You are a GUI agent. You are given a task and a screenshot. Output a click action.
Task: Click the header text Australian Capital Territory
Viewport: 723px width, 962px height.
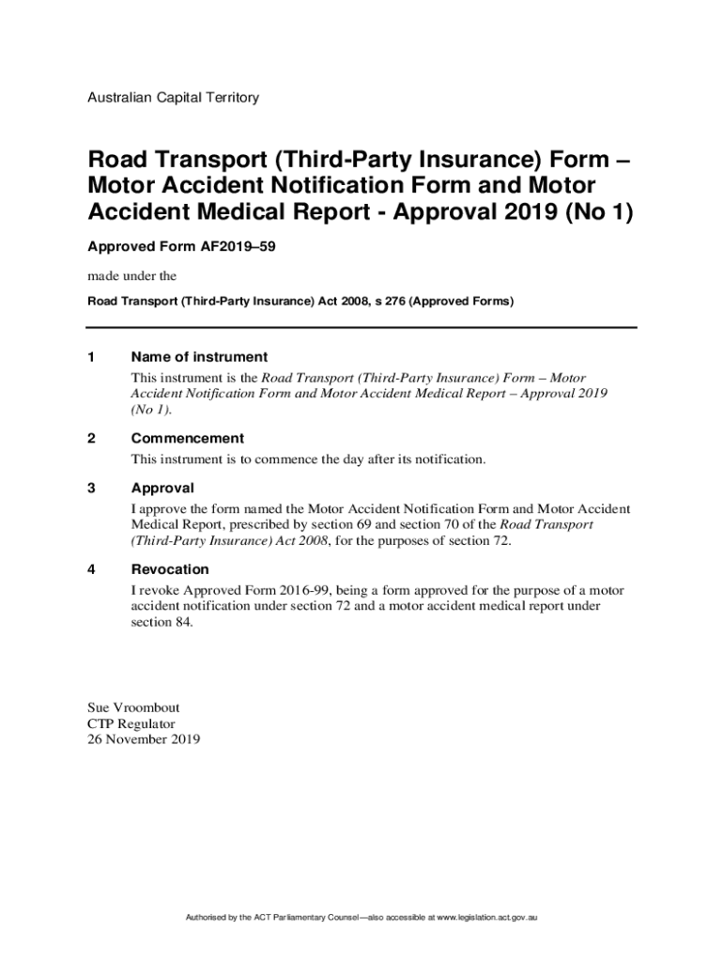coord(173,98)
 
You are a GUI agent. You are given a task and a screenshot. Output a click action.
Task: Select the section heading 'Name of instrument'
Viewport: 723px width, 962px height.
coord(199,357)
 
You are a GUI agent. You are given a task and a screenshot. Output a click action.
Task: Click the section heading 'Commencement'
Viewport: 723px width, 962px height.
coord(188,439)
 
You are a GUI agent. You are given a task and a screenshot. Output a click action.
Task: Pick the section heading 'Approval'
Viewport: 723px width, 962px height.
coord(162,489)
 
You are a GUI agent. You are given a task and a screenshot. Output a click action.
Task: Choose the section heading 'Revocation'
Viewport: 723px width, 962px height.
coord(170,570)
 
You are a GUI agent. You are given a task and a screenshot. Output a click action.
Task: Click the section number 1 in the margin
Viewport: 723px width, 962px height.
coord(91,357)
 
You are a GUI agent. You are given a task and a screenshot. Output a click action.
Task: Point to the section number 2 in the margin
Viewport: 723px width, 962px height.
coord(91,439)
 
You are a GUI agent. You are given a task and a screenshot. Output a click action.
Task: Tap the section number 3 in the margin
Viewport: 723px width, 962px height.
coord(91,489)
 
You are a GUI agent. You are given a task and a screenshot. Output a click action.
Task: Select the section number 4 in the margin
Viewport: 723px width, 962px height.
coord(91,570)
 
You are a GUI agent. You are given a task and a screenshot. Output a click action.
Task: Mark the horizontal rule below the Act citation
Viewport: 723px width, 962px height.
coord(361,327)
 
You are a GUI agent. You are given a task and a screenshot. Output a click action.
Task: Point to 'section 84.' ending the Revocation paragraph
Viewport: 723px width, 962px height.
coord(162,622)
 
